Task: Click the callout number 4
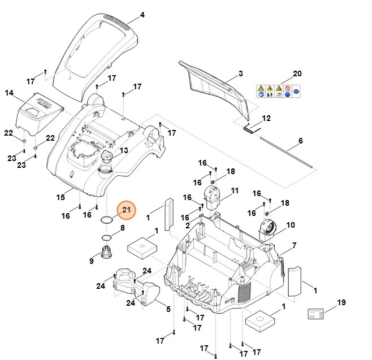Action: click(x=142, y=15)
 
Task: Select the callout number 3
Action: click(x=240, y=73)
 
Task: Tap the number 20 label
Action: click(x=297, y=74)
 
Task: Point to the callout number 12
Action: click(x=266, y=118)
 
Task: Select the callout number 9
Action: click(x=92, y=261)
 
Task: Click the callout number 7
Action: click(x=293, y=246)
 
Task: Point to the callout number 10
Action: click(x=290, y=225)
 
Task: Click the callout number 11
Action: click(x=235, y=190)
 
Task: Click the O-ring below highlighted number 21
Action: click(x=107, y=220)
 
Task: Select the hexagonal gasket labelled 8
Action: click(x=107, y=237)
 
